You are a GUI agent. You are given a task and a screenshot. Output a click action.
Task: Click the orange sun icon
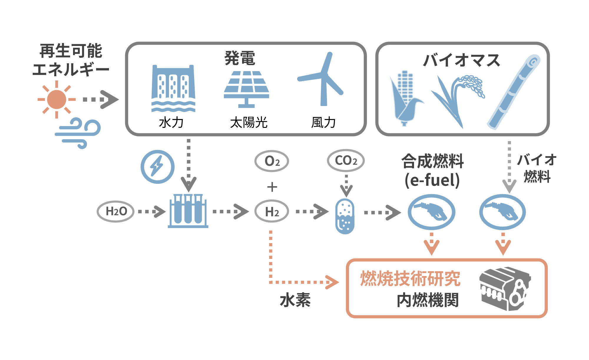pyautogui.click(x=57, y=100)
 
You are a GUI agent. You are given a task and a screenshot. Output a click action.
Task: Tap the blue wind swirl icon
pyautogui.click(x=78, y=133)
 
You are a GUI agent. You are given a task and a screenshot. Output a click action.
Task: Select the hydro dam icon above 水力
pyautogui.click(x=173, y=88)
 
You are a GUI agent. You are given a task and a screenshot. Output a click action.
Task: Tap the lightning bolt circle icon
pyautogui.click(x=157, y=167)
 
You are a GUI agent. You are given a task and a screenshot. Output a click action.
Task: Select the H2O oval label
pyautogui.click(x=116, y=211)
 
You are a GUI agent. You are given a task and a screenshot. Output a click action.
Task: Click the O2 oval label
pyautogui.click(x=272, y=161)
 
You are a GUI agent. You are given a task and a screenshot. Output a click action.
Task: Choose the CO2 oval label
pyautogui.click(x=346, y=161)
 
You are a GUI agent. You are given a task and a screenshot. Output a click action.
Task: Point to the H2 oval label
pyautogui.click(x=272, y=212)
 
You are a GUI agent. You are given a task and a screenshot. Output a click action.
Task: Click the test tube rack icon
pyautogui.click(x=188, y=211)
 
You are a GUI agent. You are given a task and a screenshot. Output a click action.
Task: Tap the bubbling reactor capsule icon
pyautogui.click(x=345, y=216)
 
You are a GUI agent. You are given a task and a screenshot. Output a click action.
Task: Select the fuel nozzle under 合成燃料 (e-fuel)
pyautogui.click(x=431, y=212)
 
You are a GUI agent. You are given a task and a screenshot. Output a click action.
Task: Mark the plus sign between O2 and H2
pyautogui.click(x=272, y=187)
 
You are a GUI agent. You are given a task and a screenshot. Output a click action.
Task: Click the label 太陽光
pyautogui.click(x=249, y=122)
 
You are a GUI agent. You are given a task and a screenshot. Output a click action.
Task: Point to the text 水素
pyautogui.click(x=295, y=300)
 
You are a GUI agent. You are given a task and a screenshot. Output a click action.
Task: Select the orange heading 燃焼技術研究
pyautogui.click(x=410, y=278)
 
